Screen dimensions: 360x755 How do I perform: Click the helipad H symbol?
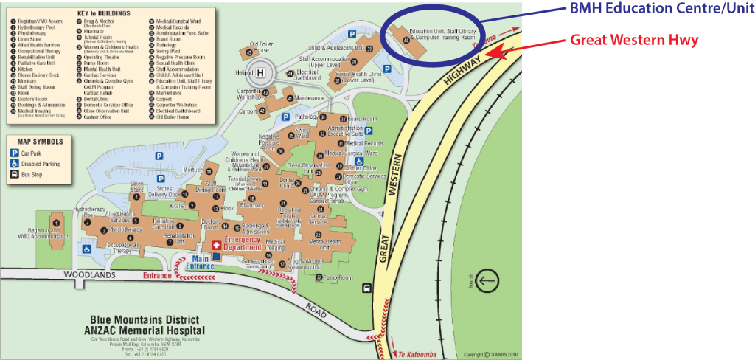pos(260,72)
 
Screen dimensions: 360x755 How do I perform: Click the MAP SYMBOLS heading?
pos(37,141)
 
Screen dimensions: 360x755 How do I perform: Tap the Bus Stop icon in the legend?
pos(14,175)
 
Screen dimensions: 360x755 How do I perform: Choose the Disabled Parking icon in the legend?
pos(14,164)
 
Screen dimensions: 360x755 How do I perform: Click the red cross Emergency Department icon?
pos(216,244)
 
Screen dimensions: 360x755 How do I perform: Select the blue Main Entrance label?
pos(201,261)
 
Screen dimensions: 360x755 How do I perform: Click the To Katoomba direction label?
pos(411,354)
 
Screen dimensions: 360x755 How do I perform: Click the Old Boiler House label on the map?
pos(262,48)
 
